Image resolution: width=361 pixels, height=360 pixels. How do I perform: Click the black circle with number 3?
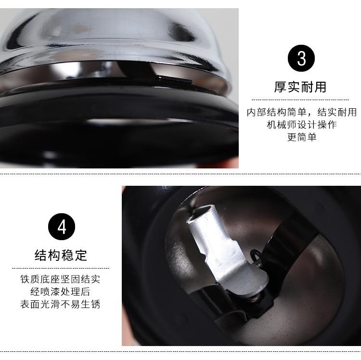click(301, 59)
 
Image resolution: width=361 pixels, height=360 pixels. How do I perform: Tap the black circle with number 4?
click(61, 227)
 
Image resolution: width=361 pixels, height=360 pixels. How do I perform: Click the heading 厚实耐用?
click(300, 87)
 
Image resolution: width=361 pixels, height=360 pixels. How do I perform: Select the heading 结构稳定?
click(61, 255)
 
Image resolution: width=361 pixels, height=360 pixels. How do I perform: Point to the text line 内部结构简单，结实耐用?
click(302, 112)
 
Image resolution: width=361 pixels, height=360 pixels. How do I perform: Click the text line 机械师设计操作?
click(302, 125)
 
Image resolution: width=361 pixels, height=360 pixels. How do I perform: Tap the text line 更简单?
click(302, 137)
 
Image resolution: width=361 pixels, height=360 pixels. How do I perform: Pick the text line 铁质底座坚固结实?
click(61, 280)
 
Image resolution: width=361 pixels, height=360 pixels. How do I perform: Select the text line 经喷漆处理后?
click(61, 292)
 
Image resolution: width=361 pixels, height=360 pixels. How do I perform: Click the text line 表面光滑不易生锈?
click(61, 305)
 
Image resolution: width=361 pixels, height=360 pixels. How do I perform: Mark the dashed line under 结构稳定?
click(61, 268)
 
